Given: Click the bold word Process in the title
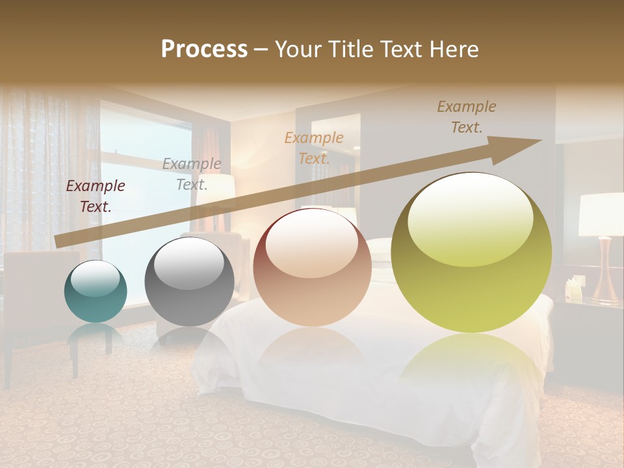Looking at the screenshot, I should (x=204, y=49).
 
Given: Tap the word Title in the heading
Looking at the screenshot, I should (x=349, y=49).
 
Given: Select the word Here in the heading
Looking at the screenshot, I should (x=455, y=49).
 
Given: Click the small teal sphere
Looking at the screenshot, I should (x=96, y=292).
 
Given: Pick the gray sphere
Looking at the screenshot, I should (x=189, y=281).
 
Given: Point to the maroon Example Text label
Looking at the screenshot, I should (x=96, y=196).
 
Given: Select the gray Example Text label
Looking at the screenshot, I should (x=192, y=174).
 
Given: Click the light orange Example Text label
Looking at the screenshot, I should (x=314, y=148).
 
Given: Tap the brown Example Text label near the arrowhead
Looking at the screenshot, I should (x=467, y=117).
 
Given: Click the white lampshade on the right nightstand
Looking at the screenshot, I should (x=601, y=214).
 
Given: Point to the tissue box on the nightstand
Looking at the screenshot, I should (x=574, y=288).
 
